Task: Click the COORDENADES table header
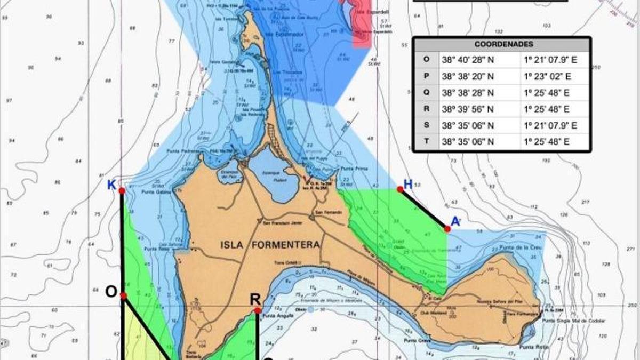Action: tap(501, 45)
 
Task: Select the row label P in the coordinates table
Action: tap(426, 76)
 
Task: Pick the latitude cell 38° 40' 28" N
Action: tap(467, 59)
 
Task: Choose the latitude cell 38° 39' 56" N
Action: tap(467, 109)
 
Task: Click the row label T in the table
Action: tap(426, 142)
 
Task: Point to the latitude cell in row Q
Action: tap(467, 92)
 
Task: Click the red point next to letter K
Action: tap(122, 190)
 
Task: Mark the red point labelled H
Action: tap(400, 189)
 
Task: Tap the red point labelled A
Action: tap(447, 229)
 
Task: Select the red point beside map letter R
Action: tap(258, 310)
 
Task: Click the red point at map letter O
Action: tap(123, 295)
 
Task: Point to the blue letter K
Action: tap(111, 185)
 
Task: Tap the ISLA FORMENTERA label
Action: tap(270, 245)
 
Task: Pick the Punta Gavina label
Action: tap(155, 192)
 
